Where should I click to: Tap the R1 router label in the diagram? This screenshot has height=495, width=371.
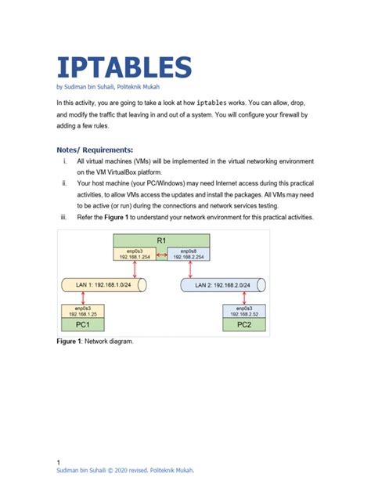tap(160, 240)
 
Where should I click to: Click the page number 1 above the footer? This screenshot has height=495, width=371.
tap(59, 462)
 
